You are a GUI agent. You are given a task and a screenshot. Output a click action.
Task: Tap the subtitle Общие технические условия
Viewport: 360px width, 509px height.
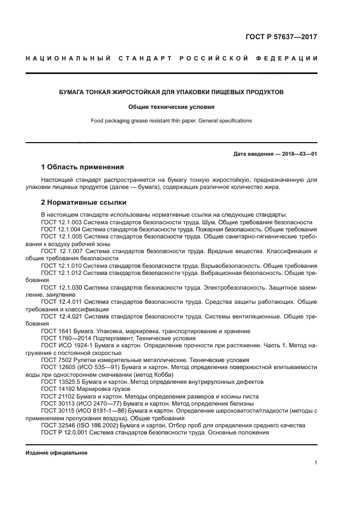[x=171, y=107]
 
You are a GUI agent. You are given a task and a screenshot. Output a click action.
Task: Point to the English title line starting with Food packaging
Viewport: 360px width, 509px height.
[x=171, y=121]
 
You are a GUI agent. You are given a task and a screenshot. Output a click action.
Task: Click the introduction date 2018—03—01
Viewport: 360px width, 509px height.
[x=297, y=154]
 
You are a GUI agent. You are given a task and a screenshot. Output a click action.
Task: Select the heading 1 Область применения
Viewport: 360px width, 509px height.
[x=83, y=167]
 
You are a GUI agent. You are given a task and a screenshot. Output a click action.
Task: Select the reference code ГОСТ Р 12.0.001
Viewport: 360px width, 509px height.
[x=64, y=432]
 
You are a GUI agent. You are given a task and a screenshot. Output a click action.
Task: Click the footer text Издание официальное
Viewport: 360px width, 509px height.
[x=57, y=452]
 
